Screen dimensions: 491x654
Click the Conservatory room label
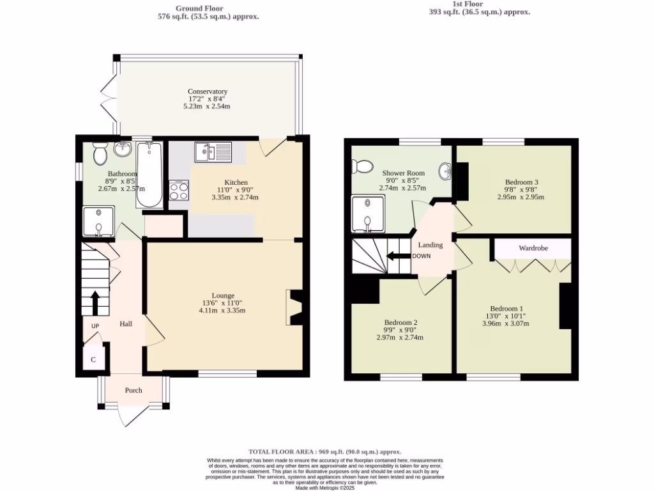(208, 91)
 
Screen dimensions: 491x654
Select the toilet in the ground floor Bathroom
(99, 153)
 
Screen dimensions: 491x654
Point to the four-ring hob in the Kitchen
(178, 191)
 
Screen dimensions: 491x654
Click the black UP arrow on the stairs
(95, 303)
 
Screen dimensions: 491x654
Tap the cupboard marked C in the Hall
(93, 359)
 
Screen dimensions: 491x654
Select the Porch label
(133, 391)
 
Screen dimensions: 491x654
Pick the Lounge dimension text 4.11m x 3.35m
(222, 311)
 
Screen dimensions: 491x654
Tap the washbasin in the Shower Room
(445, 171)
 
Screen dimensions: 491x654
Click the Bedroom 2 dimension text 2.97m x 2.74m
(401, 338)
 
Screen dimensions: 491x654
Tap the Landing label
(430, 245)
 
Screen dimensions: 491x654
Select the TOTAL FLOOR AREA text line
(326, 451)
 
